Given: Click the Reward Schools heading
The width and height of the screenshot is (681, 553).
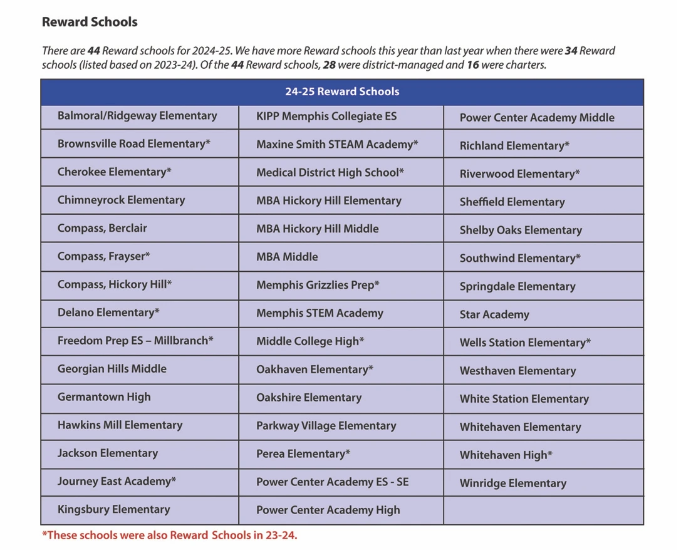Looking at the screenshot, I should coord(90,22).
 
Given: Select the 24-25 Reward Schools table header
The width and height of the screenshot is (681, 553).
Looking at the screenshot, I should coord(341,91).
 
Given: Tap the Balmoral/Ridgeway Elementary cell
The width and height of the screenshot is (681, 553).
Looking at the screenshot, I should coord(137,116).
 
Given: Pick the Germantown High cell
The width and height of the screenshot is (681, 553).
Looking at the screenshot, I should coord(104,397).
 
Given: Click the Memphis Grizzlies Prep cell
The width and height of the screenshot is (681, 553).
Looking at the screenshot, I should coord(318,285).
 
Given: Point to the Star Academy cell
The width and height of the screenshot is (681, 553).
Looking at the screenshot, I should coord(494,314).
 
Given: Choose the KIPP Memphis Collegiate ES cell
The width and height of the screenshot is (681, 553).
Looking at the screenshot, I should coord(326,116).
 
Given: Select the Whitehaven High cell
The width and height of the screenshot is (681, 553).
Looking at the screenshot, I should coord(506,455).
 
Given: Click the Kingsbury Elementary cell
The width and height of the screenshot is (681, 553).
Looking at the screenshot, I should coord(113,510).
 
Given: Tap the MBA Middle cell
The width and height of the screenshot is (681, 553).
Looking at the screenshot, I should coord(287,257).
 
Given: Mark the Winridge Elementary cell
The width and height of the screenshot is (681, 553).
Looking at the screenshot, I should coord(513,483).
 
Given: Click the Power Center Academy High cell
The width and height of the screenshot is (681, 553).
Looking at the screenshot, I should coord(328,510).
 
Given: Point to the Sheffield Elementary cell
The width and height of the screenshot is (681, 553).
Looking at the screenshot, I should coord(512,202).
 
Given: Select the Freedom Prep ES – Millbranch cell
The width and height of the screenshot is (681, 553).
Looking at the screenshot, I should coord(135,341).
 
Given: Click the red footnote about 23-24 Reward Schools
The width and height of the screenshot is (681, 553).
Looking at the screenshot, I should coord(170,535).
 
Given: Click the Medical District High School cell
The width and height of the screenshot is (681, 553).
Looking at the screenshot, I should coord(330,172).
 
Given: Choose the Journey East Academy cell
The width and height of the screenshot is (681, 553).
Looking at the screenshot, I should coord(117,482).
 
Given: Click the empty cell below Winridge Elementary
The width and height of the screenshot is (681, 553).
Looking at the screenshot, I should coord(543,510).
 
